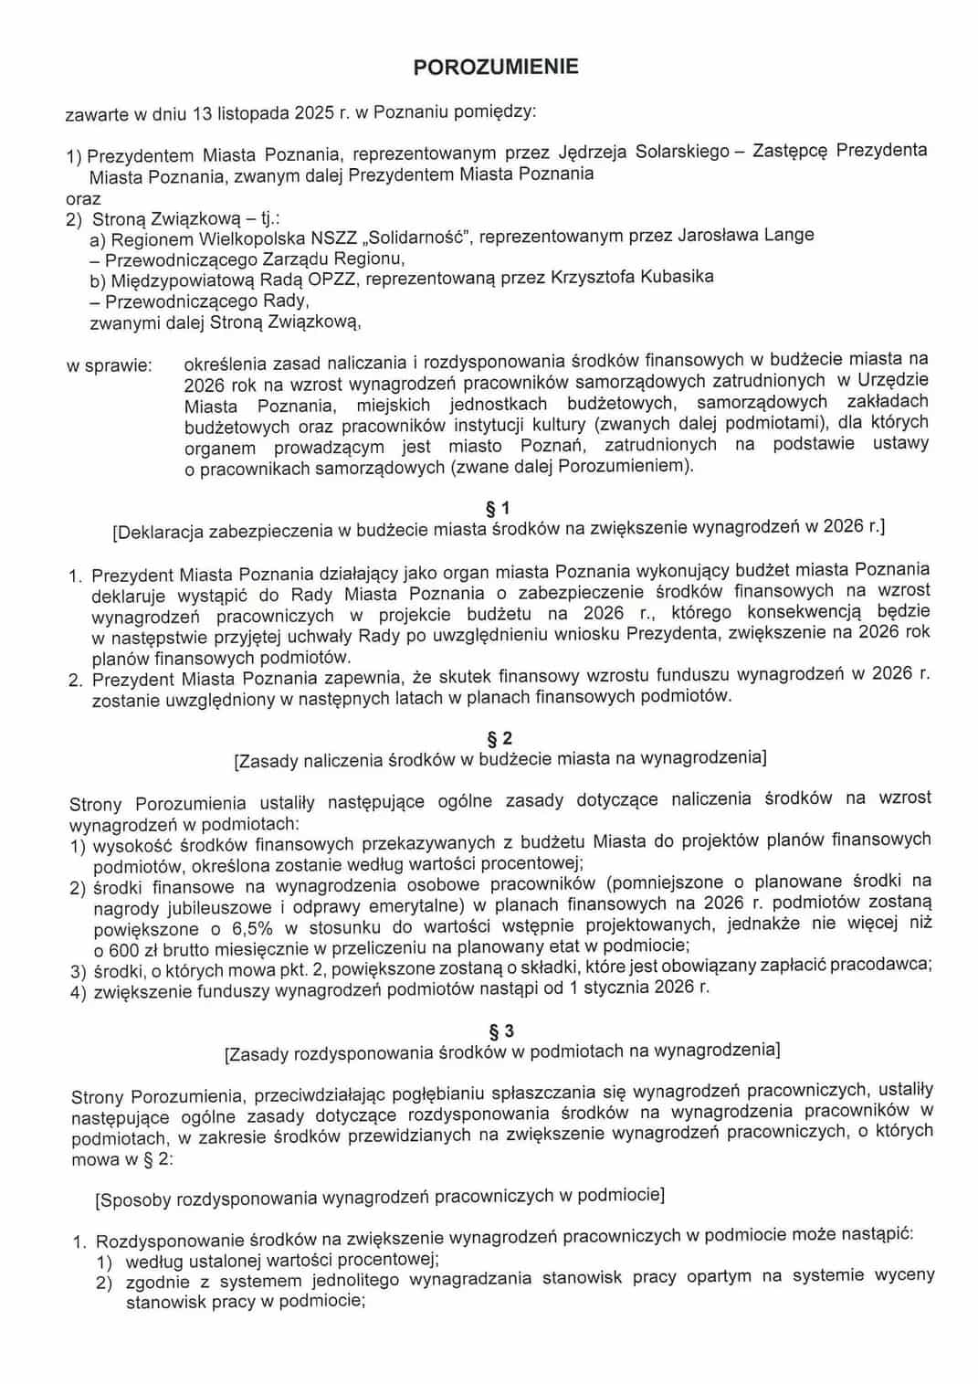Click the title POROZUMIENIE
(495, 67)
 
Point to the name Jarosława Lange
(745, 235)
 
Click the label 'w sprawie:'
(109, 365)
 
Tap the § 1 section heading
(498, 507)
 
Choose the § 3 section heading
(501, 1030)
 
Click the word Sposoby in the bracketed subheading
(135, 1197)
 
